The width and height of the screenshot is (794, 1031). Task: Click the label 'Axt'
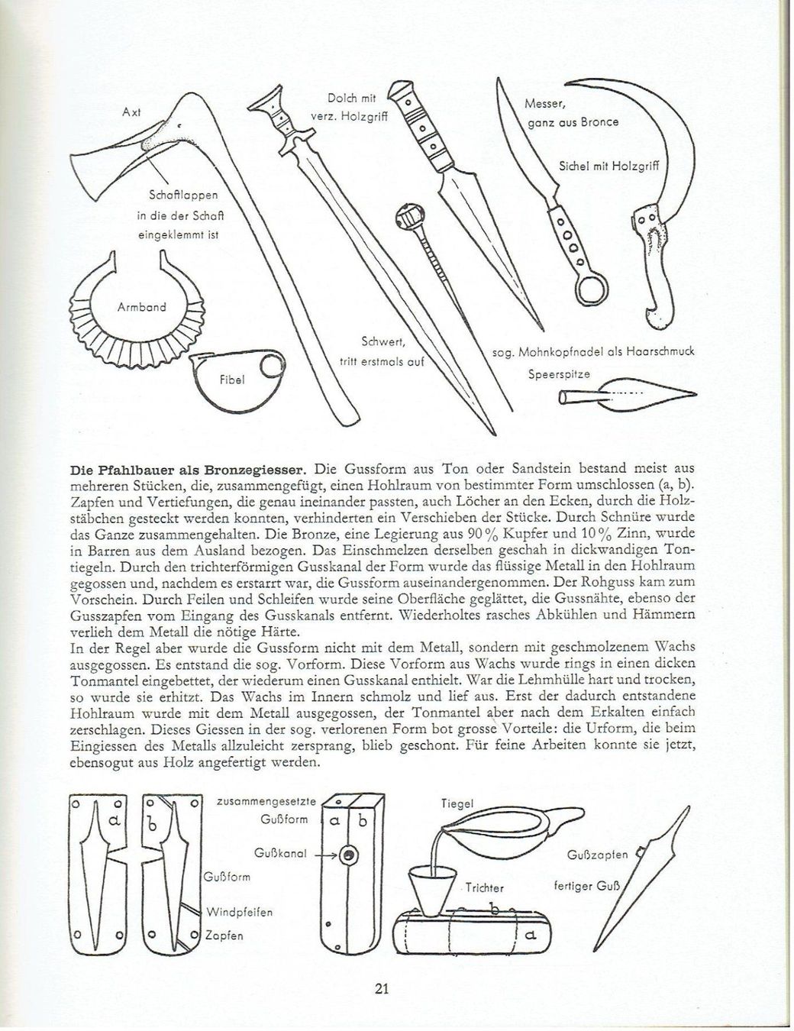[x=131, y=113]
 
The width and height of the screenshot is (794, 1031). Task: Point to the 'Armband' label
[x=142, y=307]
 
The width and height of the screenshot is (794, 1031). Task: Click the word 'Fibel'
[x=232, y=380]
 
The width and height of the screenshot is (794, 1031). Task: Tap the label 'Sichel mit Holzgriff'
[x=609, y=166]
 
